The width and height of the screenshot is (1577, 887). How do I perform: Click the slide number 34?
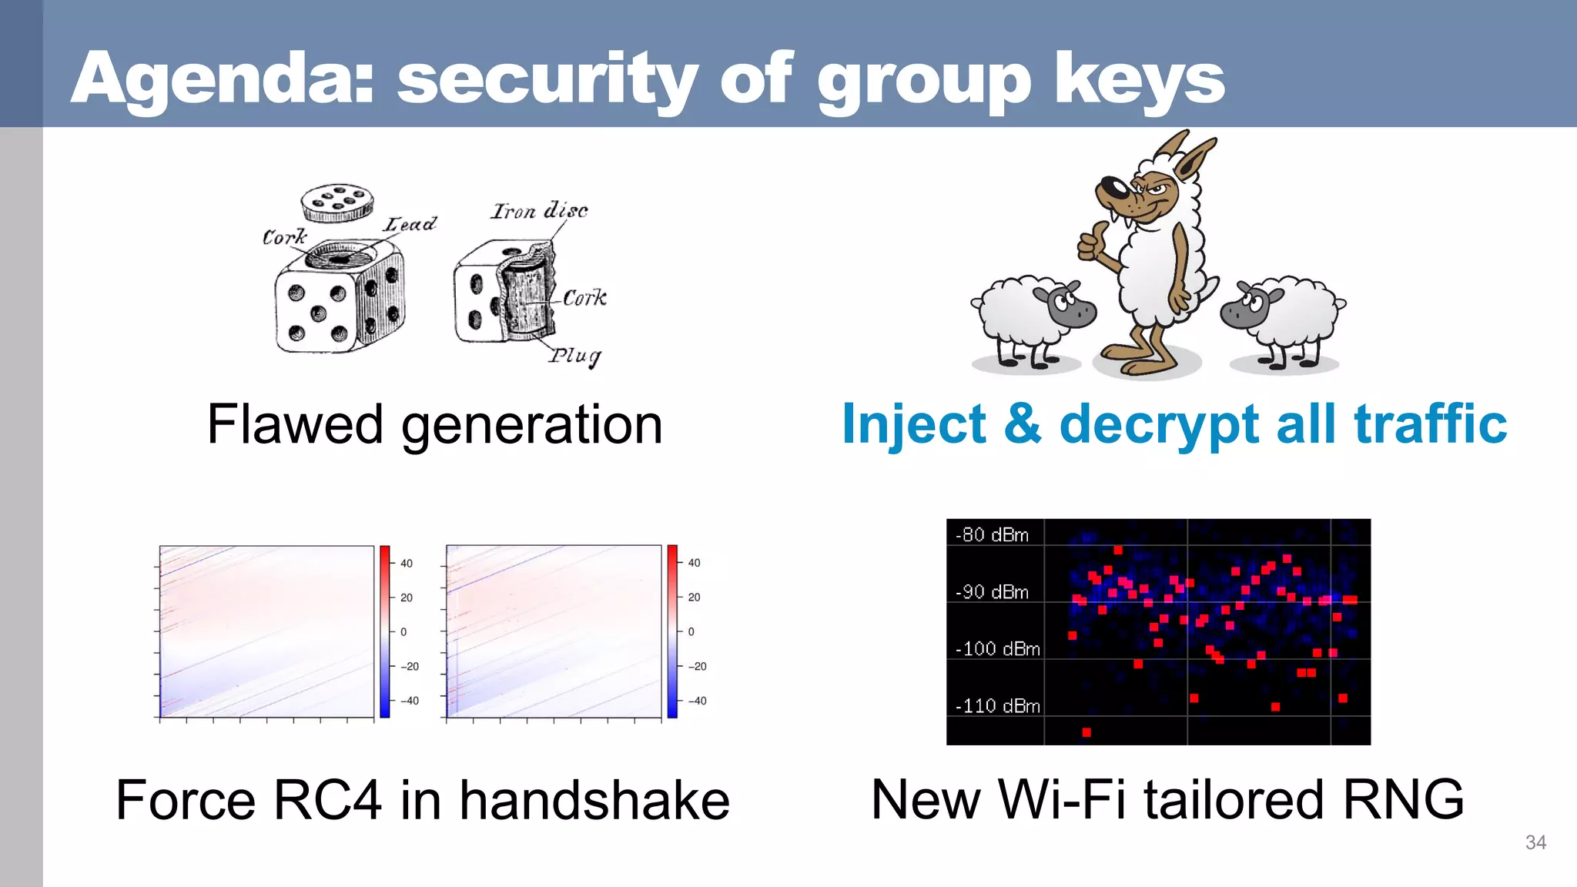point(1535,842)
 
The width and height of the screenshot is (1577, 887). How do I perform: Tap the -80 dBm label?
point(992,534)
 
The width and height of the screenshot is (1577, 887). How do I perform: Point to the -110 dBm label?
point(997,705)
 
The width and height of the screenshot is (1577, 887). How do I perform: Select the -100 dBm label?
point(997,648)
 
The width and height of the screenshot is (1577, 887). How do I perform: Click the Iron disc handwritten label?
point(539,210)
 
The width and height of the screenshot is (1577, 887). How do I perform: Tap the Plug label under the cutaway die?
point(574,356)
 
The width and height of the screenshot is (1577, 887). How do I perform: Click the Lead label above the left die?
point(410,224)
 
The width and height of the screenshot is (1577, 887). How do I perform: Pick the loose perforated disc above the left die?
point(336,203)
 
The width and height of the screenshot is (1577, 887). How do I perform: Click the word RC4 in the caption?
point(327,800)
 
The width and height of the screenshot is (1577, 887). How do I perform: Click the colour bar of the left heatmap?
point(385,631)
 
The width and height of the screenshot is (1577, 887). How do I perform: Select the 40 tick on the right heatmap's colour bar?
point(694,563)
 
